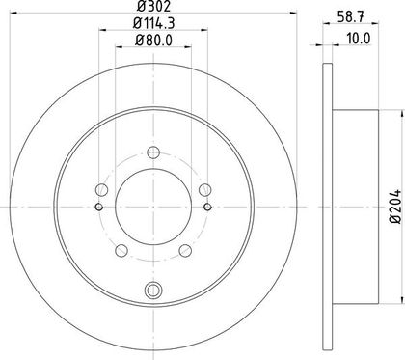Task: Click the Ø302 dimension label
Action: tap(153, 6)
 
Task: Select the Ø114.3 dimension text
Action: tap(153, 23)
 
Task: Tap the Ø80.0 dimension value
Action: tap(153, 41)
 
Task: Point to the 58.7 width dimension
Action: tap(351, 16)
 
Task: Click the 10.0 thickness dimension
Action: tap(359, 39)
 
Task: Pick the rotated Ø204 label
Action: tap(395, 207)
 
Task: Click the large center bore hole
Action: tap(153, 207)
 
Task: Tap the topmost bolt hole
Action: tap(153, 152)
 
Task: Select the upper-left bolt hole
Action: tap(101, 190)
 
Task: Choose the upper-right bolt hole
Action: tap(205, 190)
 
